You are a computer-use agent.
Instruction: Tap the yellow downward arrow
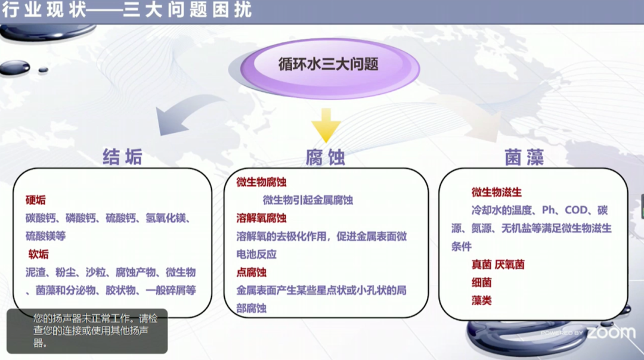[x=326, y=125]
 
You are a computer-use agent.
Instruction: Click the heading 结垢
[x=122, y=157]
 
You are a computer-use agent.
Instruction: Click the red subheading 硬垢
[x=36, y=200]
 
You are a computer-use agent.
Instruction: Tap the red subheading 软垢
[x=38, y=254]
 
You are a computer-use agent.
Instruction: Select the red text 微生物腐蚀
[x=261, y=182]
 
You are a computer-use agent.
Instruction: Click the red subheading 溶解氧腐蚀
[x=261, y=218]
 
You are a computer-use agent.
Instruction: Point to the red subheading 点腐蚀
[x=252, y=272]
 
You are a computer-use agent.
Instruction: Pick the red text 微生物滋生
[x=497, y=192]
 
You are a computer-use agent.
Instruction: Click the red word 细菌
[x=481, y=283]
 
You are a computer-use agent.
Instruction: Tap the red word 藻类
[x=481, y=300]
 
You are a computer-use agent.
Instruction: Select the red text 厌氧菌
[x=510, y=265]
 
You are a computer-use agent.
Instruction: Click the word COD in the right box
[x=576, y=210]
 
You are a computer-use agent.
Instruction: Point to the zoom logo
[x=611, y=332]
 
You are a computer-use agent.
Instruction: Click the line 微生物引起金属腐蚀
[x=308, y=200]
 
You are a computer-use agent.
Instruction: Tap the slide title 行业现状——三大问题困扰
[x=127, y=10]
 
